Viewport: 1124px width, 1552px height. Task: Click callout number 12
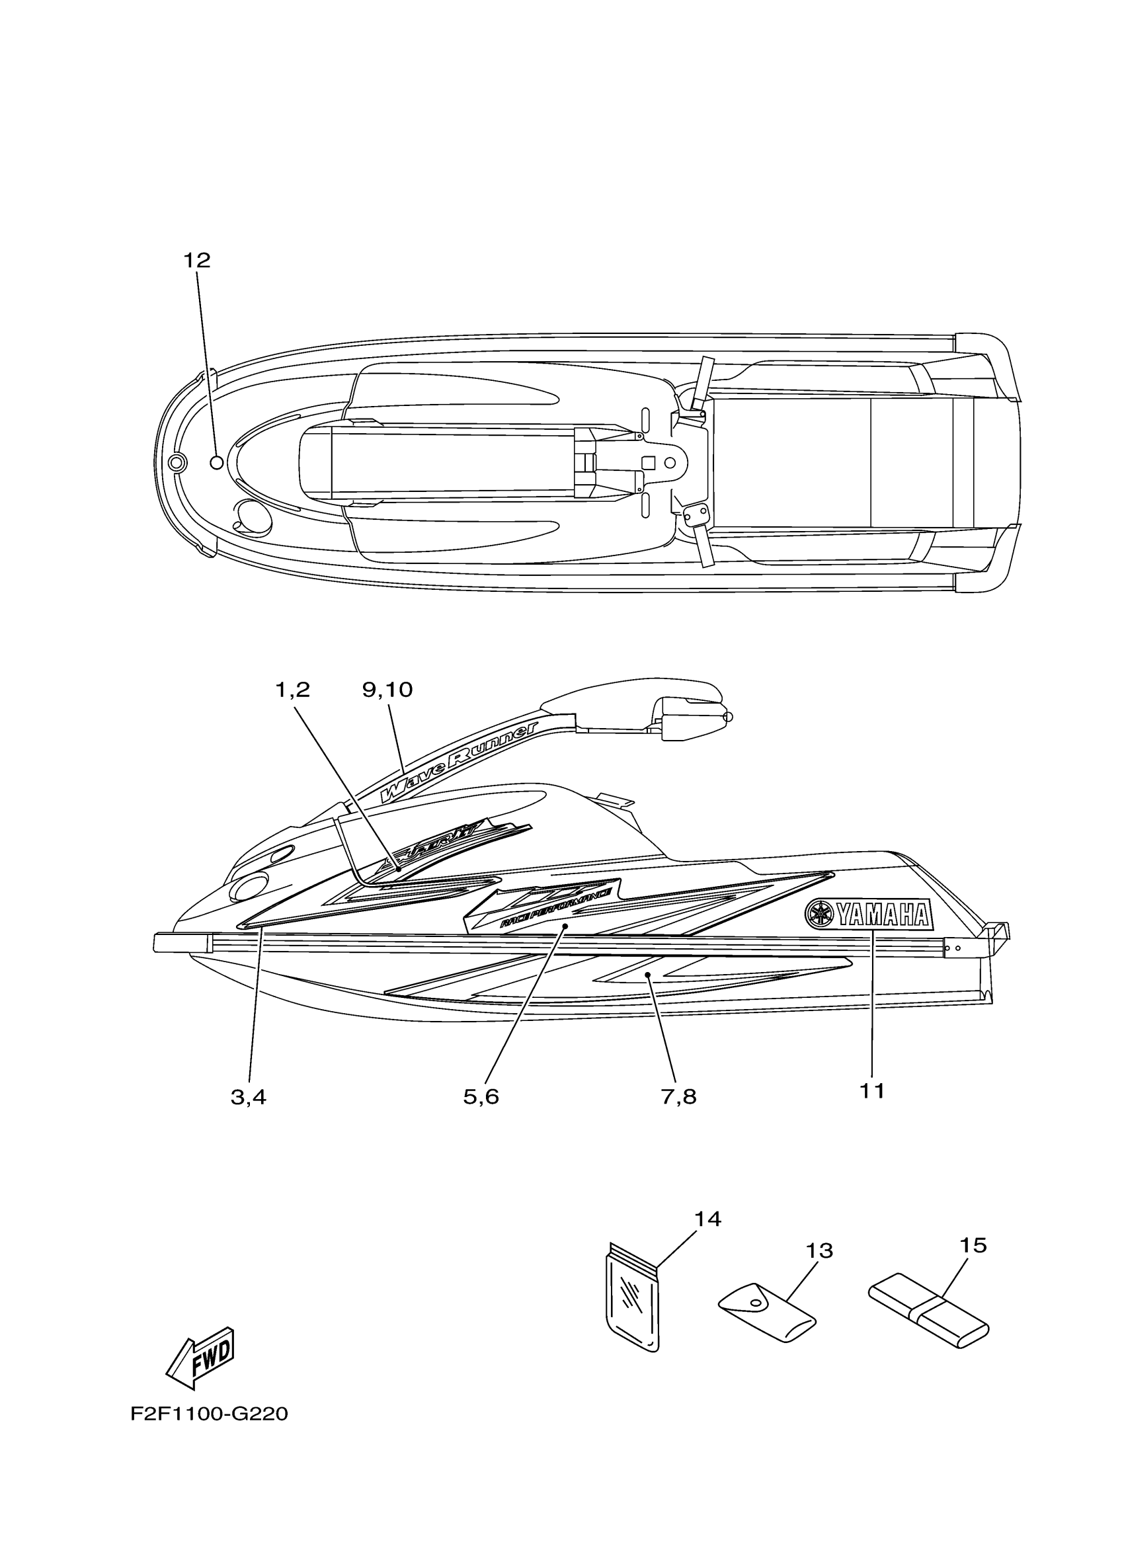(196, 261)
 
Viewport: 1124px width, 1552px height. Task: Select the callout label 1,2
(293, 690)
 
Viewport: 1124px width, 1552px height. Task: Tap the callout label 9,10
(387, 690)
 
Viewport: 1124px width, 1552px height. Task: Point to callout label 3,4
(249, 1098)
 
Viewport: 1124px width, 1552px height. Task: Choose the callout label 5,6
(481, 1098)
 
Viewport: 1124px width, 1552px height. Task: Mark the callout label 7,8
(678, 1098)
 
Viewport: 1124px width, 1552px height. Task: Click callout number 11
(872, 1092)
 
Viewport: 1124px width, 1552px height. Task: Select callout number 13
(820, 1251)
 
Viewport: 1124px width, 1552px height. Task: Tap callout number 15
(973, 1245)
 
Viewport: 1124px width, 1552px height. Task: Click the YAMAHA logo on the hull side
(869, 915)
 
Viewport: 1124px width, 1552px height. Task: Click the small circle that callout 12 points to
(216, 463)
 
